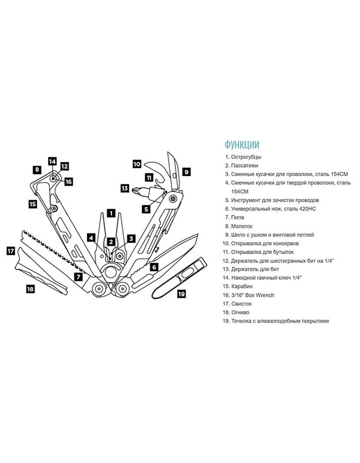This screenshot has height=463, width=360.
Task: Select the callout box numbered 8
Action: coord(37,169)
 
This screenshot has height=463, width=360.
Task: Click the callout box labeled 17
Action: coord(10,252)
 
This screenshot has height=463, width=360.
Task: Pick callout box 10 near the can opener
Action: coord(137,165)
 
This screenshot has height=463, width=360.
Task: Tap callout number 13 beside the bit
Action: coord(124,188)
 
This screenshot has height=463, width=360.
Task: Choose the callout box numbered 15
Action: coord(32,204)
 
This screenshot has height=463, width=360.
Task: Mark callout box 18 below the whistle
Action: coord(30,289)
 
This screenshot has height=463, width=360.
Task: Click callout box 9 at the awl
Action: coord(186,172)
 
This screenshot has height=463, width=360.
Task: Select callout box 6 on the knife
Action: coord(154,266)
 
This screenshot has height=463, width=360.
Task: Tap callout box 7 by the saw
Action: coord(78,276)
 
